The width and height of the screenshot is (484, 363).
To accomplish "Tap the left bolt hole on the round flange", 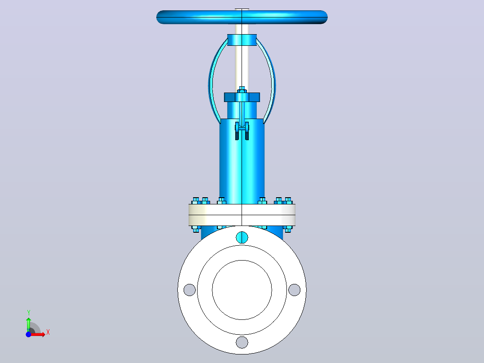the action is click(189, 290).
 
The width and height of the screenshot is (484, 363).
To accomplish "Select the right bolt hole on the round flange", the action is click(294, 290).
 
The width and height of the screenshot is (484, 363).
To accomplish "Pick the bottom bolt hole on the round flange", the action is click(242, 342).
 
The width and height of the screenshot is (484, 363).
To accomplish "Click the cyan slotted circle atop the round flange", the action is click(242, 237).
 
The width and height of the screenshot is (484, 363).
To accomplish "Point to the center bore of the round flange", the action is click(242, 290).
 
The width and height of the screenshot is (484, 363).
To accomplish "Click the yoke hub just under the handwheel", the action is click(242, 40).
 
